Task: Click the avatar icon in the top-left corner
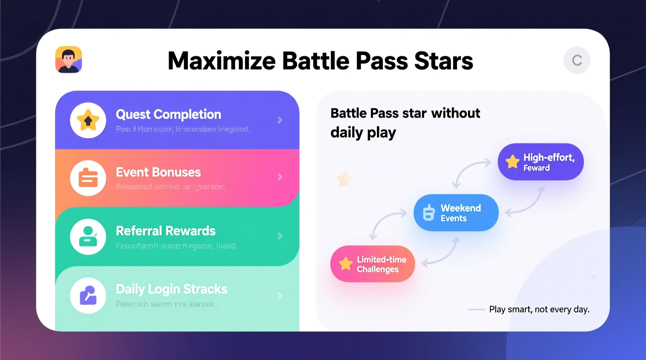pyautogui.click(x=69, y=60)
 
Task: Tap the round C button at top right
pyautogui.click(x=577, y=61)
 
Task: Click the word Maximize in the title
pyautogui.click(x=221, y=61)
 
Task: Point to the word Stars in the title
pyautogui.click(x=443, y=61)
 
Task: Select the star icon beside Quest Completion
pyautogui.click(x=88, y=120)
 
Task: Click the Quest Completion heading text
pyautogui.click(x=168, y=114)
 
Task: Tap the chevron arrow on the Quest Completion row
pyautogui.click(x=280, y=120)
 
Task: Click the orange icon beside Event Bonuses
pyautogui.click(x=88, y=178)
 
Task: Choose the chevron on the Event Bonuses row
pyautogui.click(x=280, y=177)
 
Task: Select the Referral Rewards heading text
pyautogui.click(x=166, y=231)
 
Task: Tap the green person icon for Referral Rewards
pyautogui.click(x=88, y=236)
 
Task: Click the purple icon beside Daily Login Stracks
pyautogui.click(x=88, y=296)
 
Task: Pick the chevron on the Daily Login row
pyautogui.click(x=280, y=296)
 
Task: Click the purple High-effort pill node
pyautogui.click(x=540, y=162)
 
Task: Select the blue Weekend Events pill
pyautogui.click(x=456, y=213)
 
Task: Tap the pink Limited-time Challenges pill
pyautogui.click(x=373, y=264)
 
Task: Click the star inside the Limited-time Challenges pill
pyautogui.click(x=345, y=264)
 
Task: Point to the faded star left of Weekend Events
pyautogui.click(x=344, y=179)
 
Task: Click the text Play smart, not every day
pyautogui.click(x=539, y=309)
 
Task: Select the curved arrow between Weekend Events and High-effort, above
pyautogui.click(x=471, y=173)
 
